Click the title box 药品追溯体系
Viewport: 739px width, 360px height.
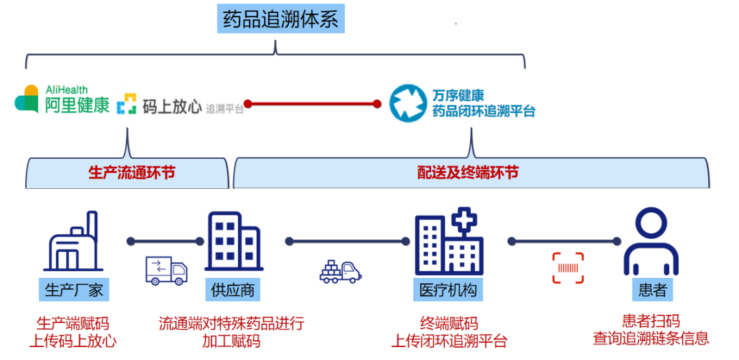(x=281, y=19)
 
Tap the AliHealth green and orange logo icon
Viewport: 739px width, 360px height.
(x=27, y=99)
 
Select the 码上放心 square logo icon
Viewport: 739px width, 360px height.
(x=127, y=105)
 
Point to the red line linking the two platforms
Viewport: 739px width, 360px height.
(x=313, y=104)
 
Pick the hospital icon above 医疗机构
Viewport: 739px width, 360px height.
(x=449, y=243)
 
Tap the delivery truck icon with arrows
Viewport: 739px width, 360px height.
(x=166, y=270)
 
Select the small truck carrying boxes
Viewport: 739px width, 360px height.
(x=340, y=271)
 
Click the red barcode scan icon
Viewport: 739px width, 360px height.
(x=569, y=268)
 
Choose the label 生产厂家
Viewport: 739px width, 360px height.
(x=73, y=290)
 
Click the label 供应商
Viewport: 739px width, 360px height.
(x=233, y=290)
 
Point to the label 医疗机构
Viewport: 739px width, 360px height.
(x=448, y=290)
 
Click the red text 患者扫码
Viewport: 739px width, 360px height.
(x=651, y=321)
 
